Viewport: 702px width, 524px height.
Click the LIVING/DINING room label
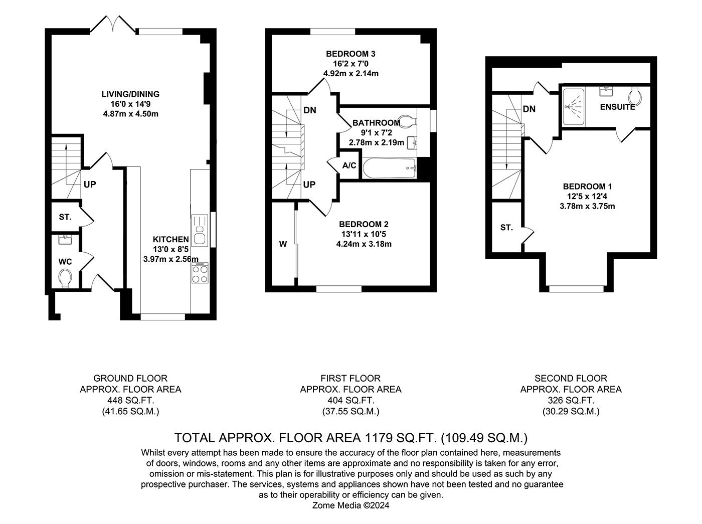point(130,94)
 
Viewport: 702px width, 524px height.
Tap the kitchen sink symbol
point(200,229)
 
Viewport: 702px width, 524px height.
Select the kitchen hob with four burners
point(200,274)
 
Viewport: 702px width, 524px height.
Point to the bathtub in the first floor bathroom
point(389,168)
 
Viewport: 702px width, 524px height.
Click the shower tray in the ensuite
point(573,106)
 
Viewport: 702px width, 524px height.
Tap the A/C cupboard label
point(349,165)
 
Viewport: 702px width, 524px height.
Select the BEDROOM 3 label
point(350,54)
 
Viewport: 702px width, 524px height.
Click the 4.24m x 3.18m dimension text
point(364,244)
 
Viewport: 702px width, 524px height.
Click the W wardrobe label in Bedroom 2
point(283,244)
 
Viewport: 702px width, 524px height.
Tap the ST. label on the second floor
point(506,227)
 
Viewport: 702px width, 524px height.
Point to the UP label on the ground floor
point(90,185)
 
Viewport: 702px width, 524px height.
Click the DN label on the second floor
point(529,109)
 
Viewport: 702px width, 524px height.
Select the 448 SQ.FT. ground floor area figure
point(130,400)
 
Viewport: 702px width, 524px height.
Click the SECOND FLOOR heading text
point(571,378)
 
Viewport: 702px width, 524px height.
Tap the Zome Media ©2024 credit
point(350,505)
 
